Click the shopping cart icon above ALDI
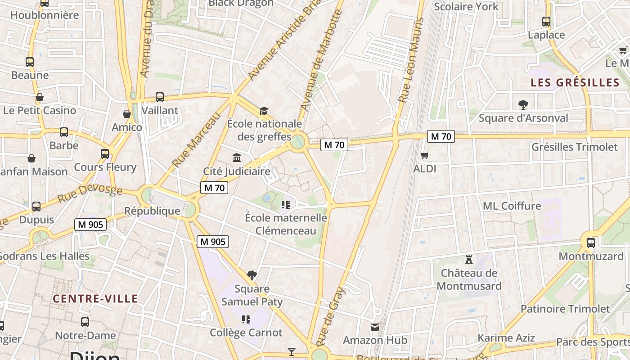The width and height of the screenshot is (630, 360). (424, 156)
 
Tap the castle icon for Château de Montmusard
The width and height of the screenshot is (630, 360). (469, 259)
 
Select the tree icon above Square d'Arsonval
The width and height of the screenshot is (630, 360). (523, 104)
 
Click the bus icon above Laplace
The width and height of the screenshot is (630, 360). (546, 21)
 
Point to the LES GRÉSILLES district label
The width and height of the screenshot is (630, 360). (575, 82)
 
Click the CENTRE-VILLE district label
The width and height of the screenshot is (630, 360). (95, 298)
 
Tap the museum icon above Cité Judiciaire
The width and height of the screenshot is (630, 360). (237, 157)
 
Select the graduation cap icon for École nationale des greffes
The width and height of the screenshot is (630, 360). (264, 110)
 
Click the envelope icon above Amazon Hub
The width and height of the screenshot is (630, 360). (375, 327)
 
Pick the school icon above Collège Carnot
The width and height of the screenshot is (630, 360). (246, 319)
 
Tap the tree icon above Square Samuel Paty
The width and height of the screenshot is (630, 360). (252, 275)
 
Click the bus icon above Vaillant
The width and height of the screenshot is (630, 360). (160, 97)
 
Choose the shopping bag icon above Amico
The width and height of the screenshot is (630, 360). (127, 114)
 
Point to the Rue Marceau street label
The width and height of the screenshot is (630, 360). (197, 139)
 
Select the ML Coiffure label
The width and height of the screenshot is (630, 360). (512, 206)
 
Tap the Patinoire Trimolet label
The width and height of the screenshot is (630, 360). (565, 309)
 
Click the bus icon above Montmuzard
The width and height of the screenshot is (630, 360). (591, 243)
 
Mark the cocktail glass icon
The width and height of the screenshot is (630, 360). (292, 351)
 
